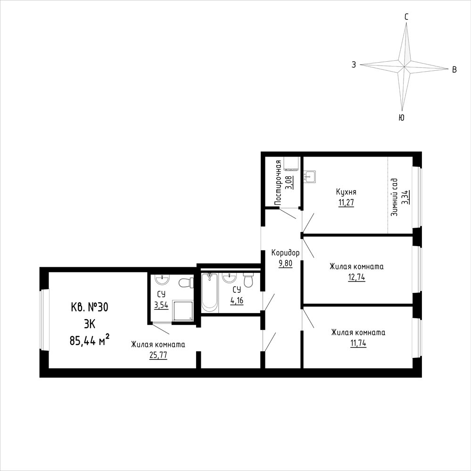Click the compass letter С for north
[406, 17]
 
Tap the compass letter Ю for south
[402, 118]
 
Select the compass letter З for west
[354, 65]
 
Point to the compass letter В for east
[454, 70]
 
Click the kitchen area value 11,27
[346, 202]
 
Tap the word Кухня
[346, 192]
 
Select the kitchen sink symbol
[310, 177]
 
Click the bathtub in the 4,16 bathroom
[210, 292]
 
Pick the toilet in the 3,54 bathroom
[186, 283]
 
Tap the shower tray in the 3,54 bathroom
[182, 311]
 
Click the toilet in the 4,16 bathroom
[248, 280]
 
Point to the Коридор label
[285, 253]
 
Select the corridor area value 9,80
[285, 264]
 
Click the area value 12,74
[356, 277]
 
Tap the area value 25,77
[158, 355]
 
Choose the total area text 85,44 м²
[89, 340]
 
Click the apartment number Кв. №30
[89, 307]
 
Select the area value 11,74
[358, 343]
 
